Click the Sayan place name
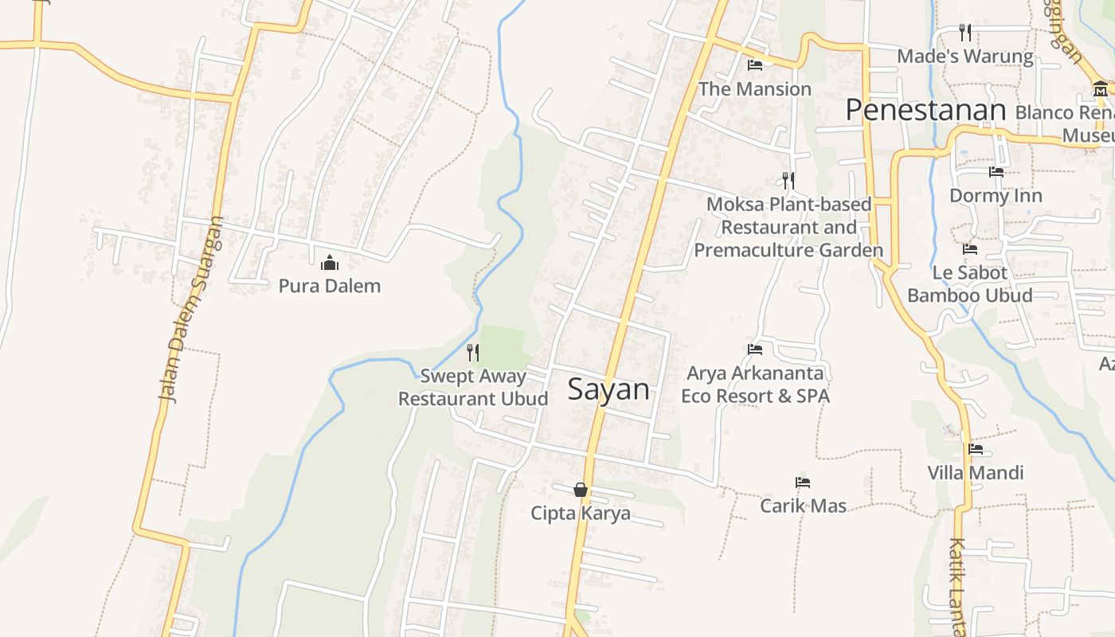[x=608, y=389]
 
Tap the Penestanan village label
[x=925, y=110]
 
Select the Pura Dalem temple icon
[x=330, y=262]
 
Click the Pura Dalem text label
[x=330, y=286]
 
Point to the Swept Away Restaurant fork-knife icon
[x=473, y=352]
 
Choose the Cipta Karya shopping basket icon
[x=581, y=490]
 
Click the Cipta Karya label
[x=581, y=514]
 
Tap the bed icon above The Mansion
[x=755, y=65]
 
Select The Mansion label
[x=755, y=89]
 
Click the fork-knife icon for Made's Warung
[x=965, y=33]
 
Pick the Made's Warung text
[x=965, y=57]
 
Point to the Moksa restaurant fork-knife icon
[x=788, y=181]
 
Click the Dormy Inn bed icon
[x=996, y=172]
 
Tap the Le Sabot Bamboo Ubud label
[x=970, y=284]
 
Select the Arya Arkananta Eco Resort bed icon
[x=755, y=349]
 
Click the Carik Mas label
[x=803, y=506]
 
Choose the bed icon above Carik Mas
[x=803, y=483]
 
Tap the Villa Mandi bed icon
[x=976, y=449]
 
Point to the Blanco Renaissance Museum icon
[x=1101, y=88]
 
